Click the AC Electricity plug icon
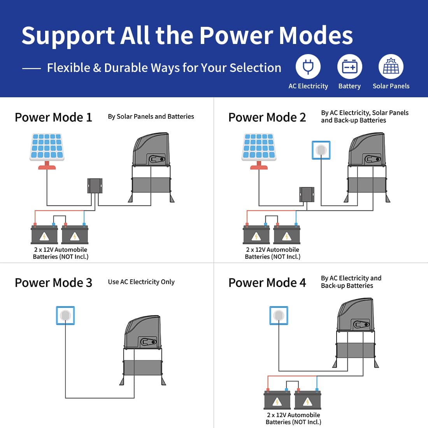[308, 67]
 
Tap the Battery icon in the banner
[350, 67]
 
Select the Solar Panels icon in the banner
[391, 67]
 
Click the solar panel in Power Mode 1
[47, 151]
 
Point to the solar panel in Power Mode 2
[259, 151]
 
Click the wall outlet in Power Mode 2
[321, 150]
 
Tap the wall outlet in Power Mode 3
[65, 316]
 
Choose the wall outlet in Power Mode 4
[279, 316]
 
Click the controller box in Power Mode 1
[95, 186]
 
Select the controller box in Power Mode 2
[307, 194]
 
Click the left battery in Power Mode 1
[44, 234]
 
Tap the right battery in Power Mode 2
[287, 234]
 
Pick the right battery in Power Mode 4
[308, 399]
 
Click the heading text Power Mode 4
[267, 282]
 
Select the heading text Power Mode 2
[267, 118]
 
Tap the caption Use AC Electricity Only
[141, 282]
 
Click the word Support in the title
[68, 36]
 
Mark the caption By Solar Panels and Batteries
[151, 117]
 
